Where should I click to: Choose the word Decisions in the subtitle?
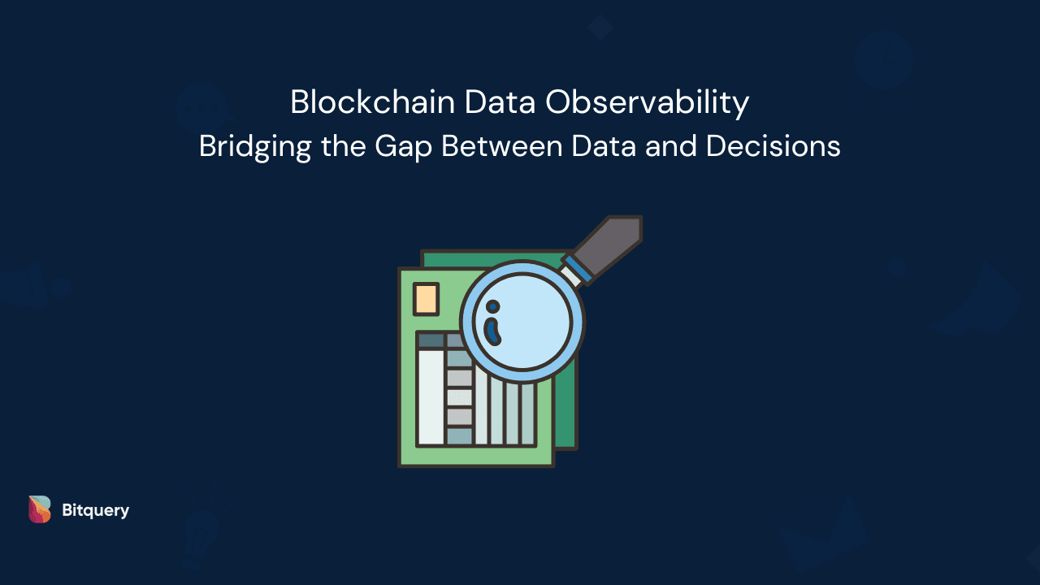pos(773,146)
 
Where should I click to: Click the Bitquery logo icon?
pos(39,509)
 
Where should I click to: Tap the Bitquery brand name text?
pos(95,510)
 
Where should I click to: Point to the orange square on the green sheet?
pos(426,299)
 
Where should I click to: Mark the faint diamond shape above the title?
pos(600,27)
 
